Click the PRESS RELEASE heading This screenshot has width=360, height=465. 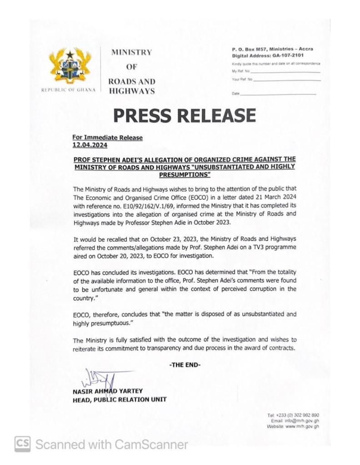pos(184,115)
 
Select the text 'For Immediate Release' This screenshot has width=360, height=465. pos(107,138)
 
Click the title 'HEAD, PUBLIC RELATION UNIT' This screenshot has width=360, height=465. pos(119,400)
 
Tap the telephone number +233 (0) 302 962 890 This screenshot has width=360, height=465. pos(300,415)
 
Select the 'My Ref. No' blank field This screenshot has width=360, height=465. pos(285,72)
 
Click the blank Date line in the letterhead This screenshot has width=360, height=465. pos(278,94)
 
